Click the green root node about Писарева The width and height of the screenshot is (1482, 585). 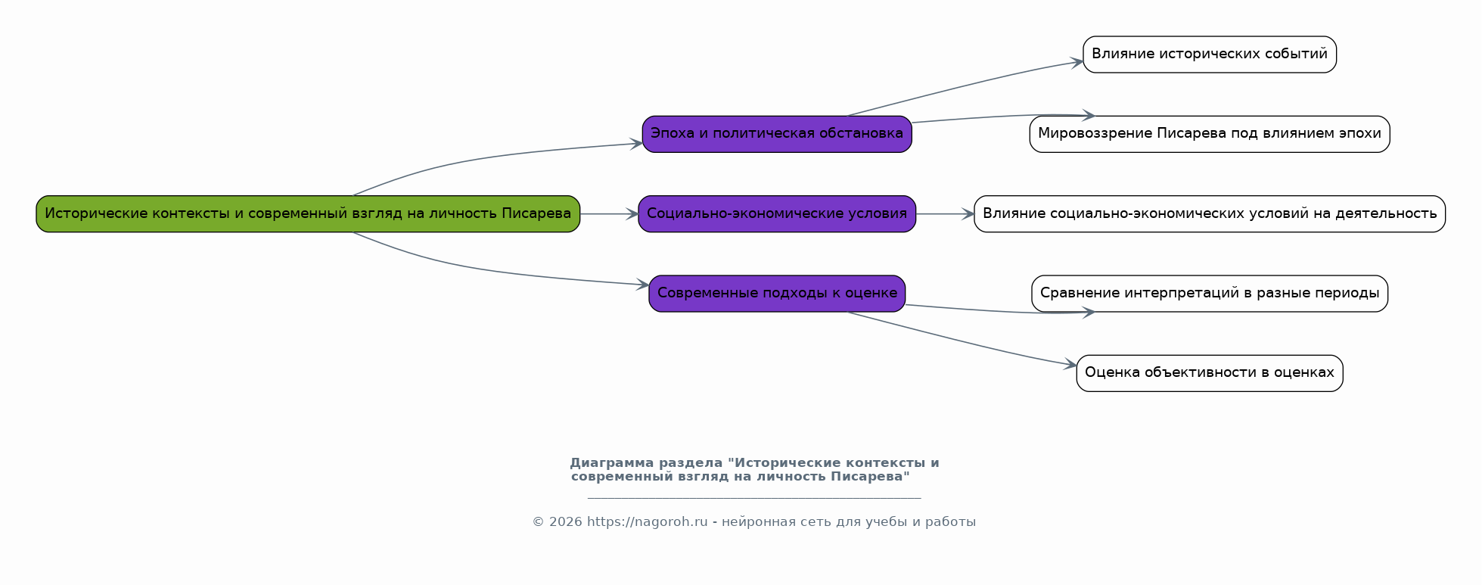pos(308,213)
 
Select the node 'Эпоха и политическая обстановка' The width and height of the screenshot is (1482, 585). pos(777,134)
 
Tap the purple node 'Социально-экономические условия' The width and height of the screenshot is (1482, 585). pos(777,213)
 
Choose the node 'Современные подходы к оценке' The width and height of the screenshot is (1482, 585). pos(777,294)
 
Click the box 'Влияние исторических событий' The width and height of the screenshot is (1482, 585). pos(1210,54)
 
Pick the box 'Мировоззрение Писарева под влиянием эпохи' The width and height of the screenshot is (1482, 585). pos(1210,134)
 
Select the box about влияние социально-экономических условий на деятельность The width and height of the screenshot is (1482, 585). pos(1210,213)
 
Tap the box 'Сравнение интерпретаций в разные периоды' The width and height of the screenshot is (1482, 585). pos(1210,294)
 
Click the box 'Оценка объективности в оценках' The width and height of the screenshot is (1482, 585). pos(1210,373)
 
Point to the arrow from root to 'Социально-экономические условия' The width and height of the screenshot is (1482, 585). pos(610,214)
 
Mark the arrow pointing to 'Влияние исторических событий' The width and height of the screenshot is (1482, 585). pos(965,86)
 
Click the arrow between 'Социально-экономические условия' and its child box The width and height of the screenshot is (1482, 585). pos(945,214)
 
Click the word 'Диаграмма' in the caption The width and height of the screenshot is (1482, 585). pos(612,463)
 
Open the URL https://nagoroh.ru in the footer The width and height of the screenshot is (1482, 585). pos(648,522)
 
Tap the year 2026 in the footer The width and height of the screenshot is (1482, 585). pos(566,522)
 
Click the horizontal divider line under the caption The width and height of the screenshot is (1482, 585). pos(754,498)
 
